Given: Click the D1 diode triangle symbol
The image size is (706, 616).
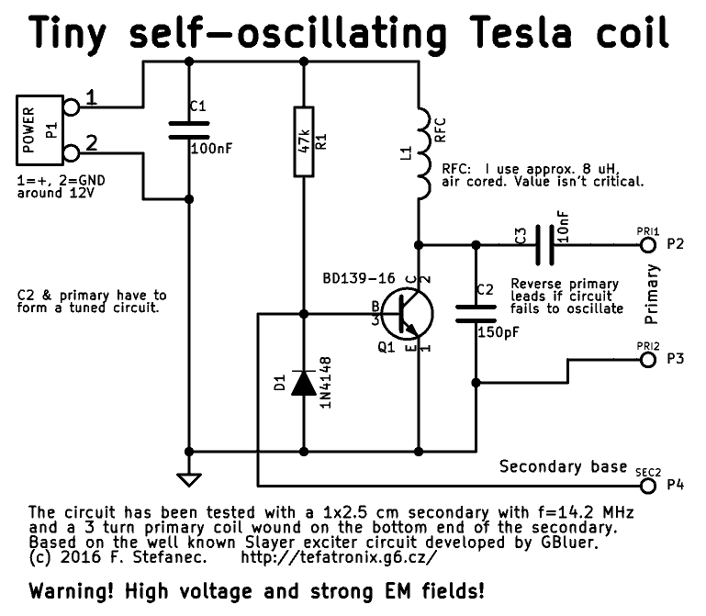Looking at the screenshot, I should [x=304, y=383].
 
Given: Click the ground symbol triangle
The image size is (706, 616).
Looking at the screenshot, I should [x=189, y=479].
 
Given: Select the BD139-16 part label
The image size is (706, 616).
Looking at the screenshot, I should [x=361, y=278].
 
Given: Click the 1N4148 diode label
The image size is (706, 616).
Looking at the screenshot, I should [x=327, y=386].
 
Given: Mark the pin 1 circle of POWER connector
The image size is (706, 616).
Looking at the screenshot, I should [x=70, y=107].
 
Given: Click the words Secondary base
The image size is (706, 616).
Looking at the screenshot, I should [x=563, y=467].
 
